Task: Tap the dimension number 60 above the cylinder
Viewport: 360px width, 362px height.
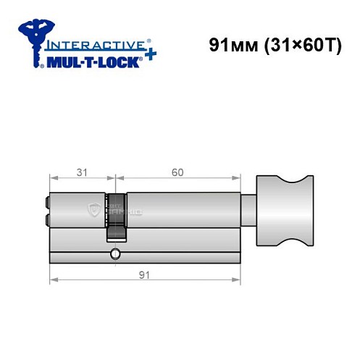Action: point(177,173)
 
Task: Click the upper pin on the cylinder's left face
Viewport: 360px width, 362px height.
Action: point(47,203)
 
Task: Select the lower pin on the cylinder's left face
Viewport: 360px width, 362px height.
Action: point(47,219)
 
